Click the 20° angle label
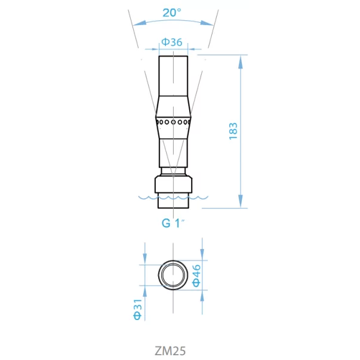coord(172,13)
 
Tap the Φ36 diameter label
coord(172,42)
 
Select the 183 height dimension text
coord(233,131)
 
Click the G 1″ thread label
coord(173,223)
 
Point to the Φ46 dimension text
coord(196,276)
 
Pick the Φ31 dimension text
coord(137,309)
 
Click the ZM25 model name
coord(170,351)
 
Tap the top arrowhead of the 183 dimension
coord(241,62)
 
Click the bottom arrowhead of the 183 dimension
coord(241,201)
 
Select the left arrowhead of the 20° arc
coord(140,23)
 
